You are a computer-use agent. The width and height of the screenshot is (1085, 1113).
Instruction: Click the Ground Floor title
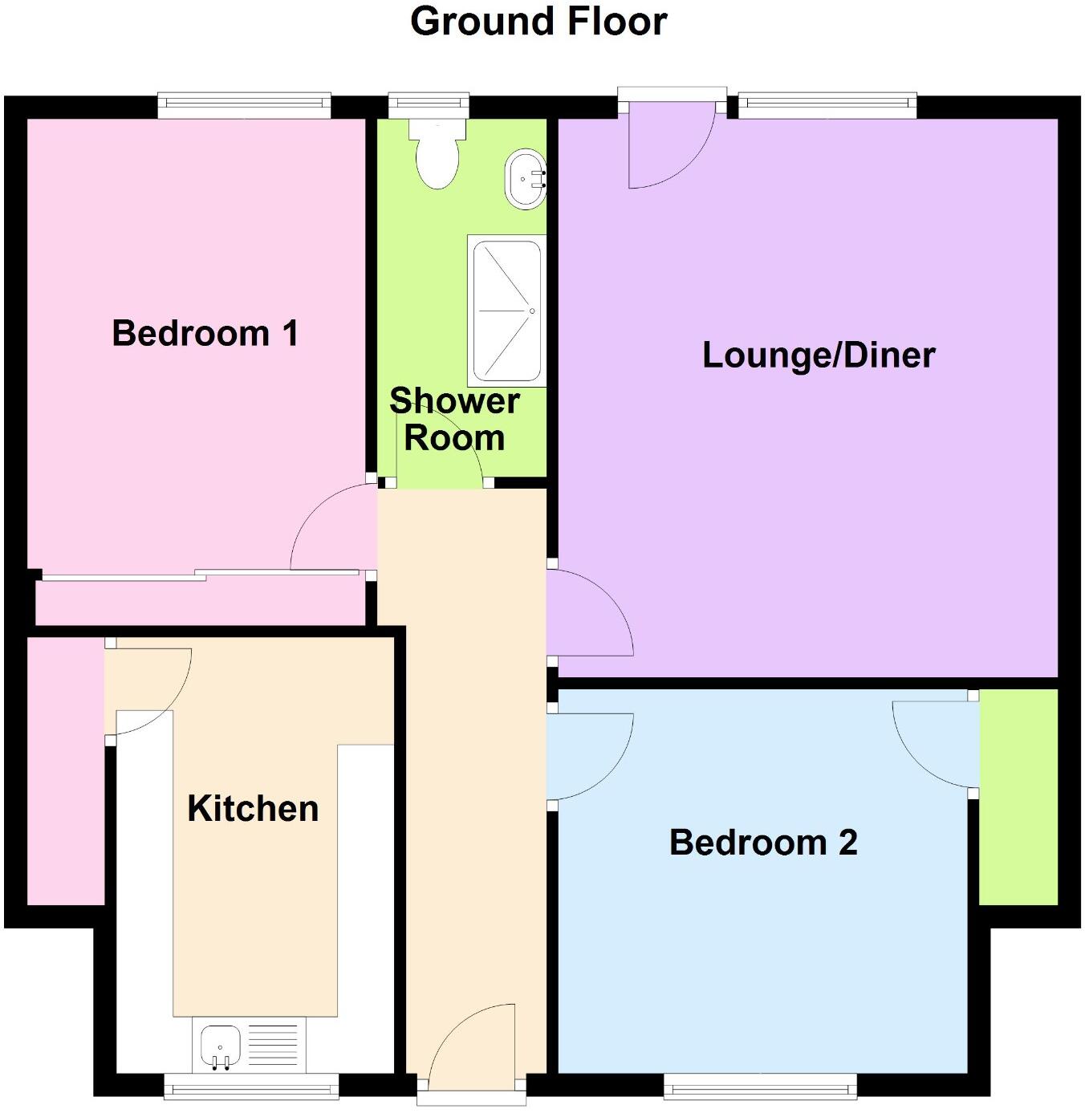pos(538,22)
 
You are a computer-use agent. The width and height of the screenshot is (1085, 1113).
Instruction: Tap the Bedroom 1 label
pos(205,333)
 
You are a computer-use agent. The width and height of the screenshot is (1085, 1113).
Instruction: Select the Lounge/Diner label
pos(819,355)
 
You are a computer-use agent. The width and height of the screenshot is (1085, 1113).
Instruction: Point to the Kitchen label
pos(253,808)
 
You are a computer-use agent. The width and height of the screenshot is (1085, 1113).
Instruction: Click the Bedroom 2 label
pos(763,843)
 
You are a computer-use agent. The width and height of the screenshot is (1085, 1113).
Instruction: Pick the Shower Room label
pos(454,420)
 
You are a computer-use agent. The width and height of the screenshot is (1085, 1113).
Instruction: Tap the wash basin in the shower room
pos(524,179)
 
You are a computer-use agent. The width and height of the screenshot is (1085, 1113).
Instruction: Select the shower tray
pos(506,311)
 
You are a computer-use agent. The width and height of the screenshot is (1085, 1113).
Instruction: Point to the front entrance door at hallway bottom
pos(472,1051)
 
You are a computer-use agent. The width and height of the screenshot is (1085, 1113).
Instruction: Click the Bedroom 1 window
pos(244,102)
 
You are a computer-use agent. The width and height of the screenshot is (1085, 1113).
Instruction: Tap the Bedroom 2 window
pos(759,1088)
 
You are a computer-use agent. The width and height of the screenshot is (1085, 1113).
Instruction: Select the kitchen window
pos(251,1088)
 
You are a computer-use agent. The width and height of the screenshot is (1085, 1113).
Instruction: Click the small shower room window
pos(429,102)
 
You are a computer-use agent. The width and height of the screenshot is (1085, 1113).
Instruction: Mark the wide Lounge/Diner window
pos(827,102)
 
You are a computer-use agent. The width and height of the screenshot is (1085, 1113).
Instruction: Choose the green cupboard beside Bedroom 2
pos(1018,797)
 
